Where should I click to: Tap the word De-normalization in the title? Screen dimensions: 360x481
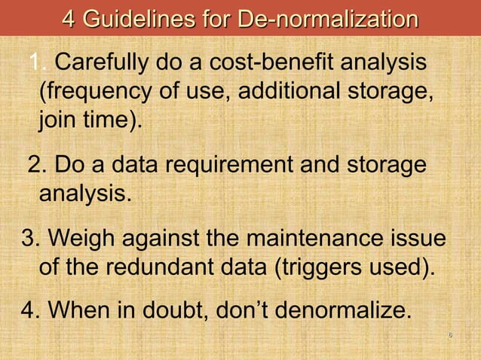coord(327,17)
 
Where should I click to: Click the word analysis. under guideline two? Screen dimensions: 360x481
coord(84,192)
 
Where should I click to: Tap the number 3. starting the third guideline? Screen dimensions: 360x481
coord(31,239)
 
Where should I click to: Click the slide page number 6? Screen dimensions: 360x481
coord(449,334)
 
